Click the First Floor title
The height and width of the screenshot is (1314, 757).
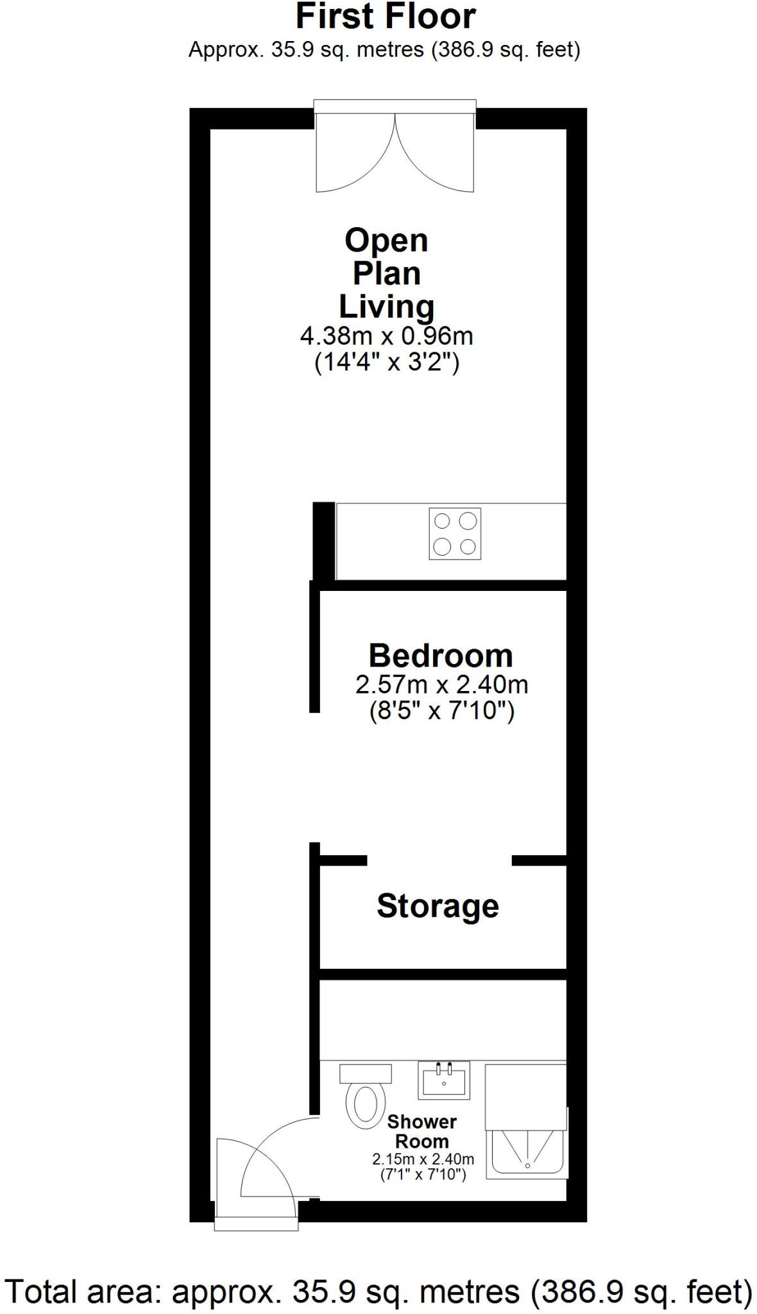(x=386, y=17)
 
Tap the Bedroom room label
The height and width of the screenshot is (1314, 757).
(x=441, y=656)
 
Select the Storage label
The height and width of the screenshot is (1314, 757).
(x=438, y=906)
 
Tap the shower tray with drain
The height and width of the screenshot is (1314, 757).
(x=527, y=1153)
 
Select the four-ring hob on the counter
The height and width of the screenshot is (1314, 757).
(x=455, y=534)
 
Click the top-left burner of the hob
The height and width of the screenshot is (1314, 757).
(x=442, y=520)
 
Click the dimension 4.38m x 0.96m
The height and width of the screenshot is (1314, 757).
(x=386, y=336)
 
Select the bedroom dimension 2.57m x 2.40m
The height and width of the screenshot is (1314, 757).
(x=441, y=685)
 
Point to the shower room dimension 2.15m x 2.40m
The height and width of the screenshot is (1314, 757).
(x=423, y=1159)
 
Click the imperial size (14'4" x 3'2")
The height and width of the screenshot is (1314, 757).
(x=386, y=363)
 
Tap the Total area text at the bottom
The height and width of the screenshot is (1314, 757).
(x=378, y=1291)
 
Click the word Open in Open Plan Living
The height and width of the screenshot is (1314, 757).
(x=386, y=241)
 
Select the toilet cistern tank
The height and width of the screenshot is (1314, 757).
(x=365, y=1073)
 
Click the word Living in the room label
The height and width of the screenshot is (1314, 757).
(x=386, y=307)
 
